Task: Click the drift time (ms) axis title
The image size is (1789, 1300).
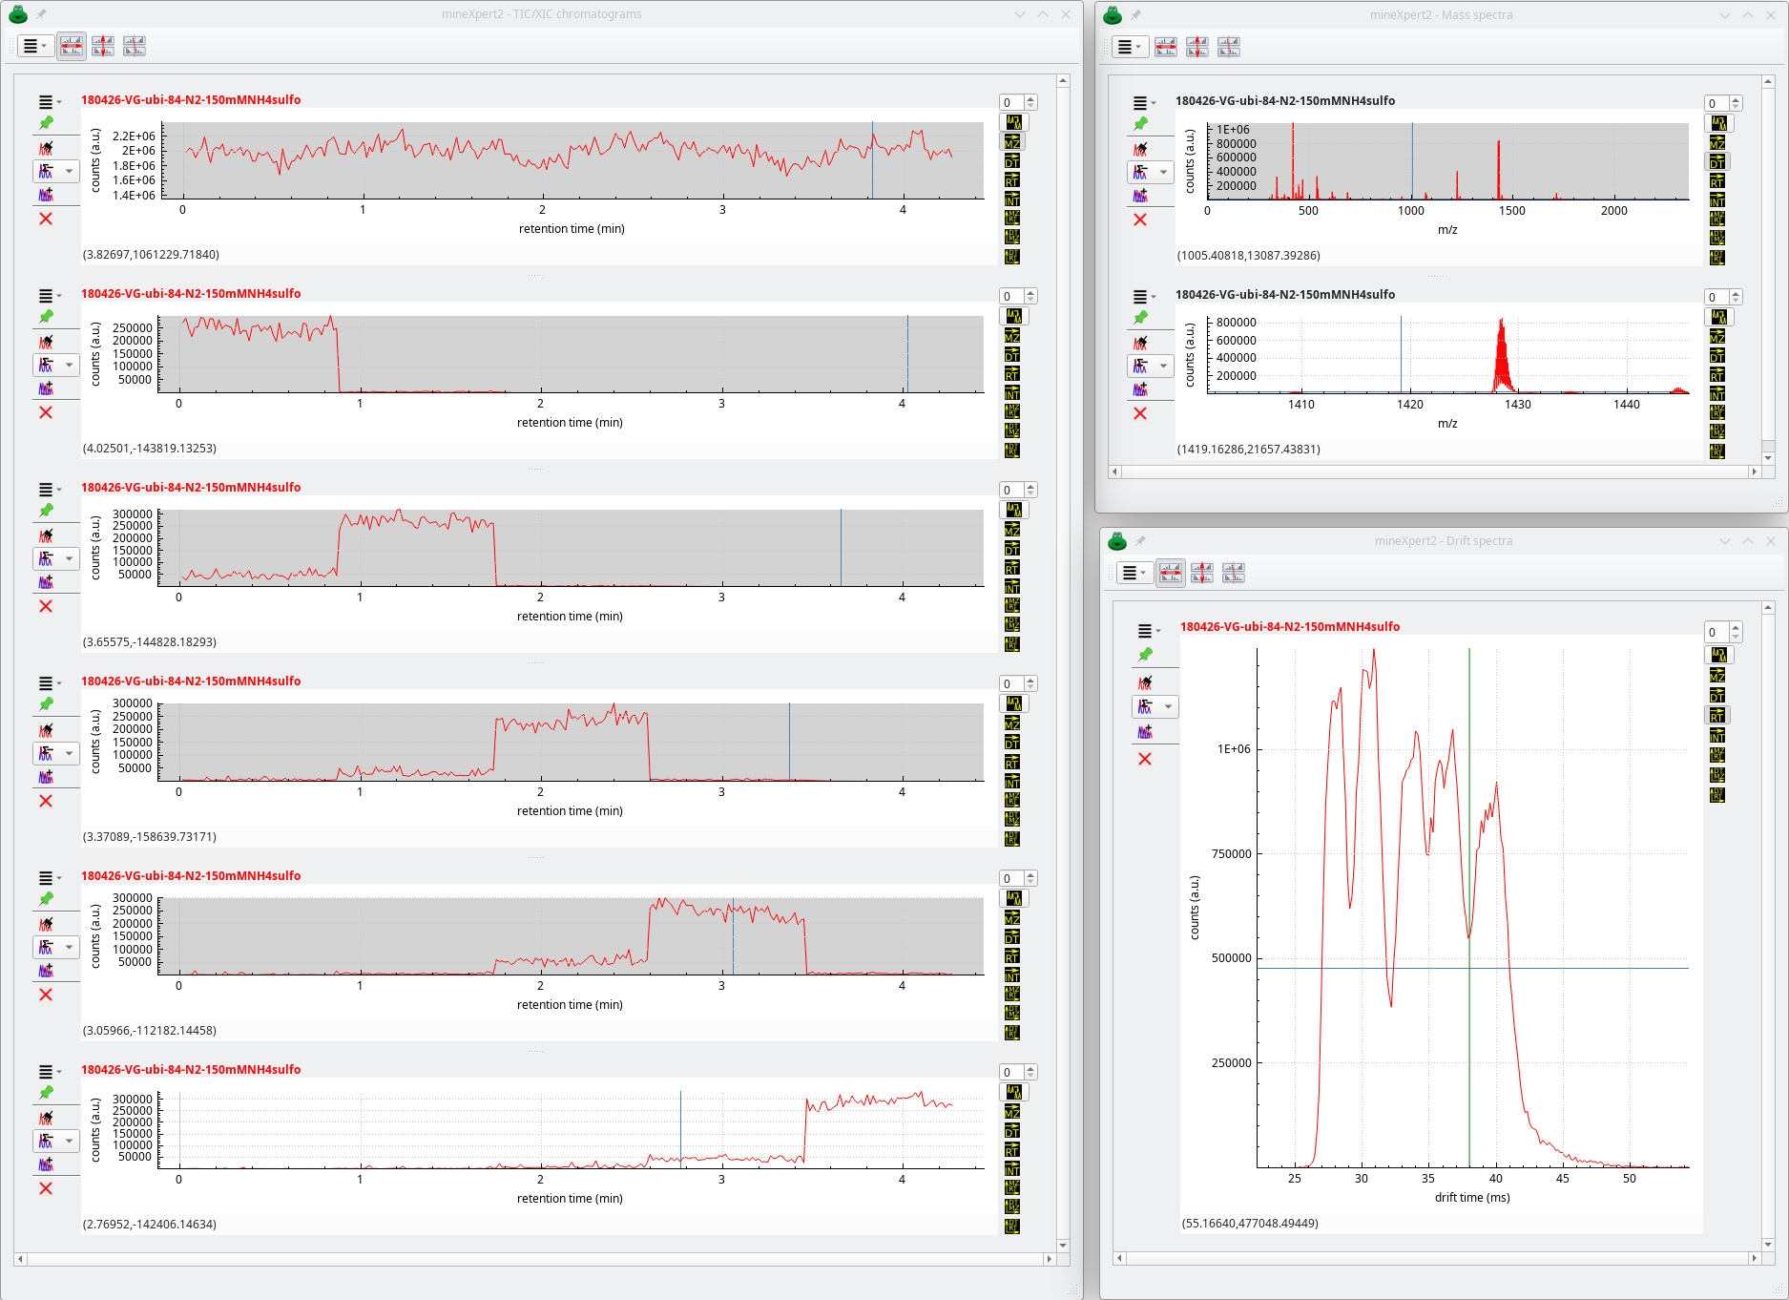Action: pyautogui.click(x=1471, y=1197)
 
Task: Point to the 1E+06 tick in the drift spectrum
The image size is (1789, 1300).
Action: pyautogui.click(x=1233, y=749)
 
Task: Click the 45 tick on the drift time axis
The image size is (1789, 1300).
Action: pyautogui.click(x=1562, y=1179)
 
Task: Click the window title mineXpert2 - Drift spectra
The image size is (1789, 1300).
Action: pyautogui.click(x=1443, y=541)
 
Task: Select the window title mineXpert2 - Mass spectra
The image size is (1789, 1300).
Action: pyautogui.click(x=1441, y=15)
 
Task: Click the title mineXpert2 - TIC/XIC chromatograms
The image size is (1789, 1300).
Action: pyautogui.click(x=541, y=14)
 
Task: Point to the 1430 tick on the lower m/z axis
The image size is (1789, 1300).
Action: pyautogui.click(x=1517, y=405)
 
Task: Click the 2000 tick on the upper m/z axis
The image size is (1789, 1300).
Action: pyautogui.click(x=1613, y=211)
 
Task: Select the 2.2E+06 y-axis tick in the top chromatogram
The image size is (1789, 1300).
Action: pyautogui.click(x=134, y=136)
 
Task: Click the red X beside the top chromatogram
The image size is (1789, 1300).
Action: pyautogui.click(x=45, y=219)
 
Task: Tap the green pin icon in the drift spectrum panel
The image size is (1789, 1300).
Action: pyautogui.click(x=1145, y=655)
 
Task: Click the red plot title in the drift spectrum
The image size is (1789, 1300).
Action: pyautogui.click(x=1289, y=627)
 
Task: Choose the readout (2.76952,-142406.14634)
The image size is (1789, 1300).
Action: pyautogui.click(x=150, y=1225)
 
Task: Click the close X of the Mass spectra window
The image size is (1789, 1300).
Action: pyautogui.click(x=1771, y=15)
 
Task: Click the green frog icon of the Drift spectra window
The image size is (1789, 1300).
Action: pyautogui.click(x=1117, y=541)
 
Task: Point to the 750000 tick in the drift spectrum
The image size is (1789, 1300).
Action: pyautogui.click(x=1231, y=854)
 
